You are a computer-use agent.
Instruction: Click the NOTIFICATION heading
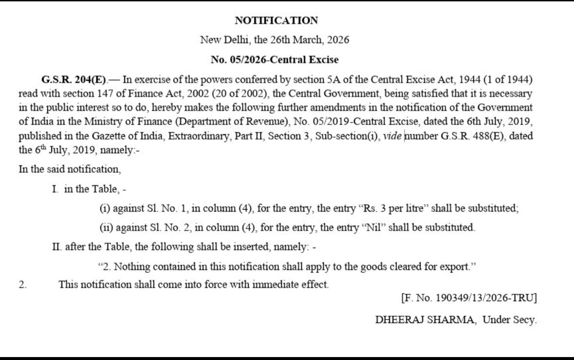(x=276, y=20)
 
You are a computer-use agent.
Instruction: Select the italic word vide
(x=392, y=136)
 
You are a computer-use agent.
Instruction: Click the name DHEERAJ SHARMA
(x=423, y=321)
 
